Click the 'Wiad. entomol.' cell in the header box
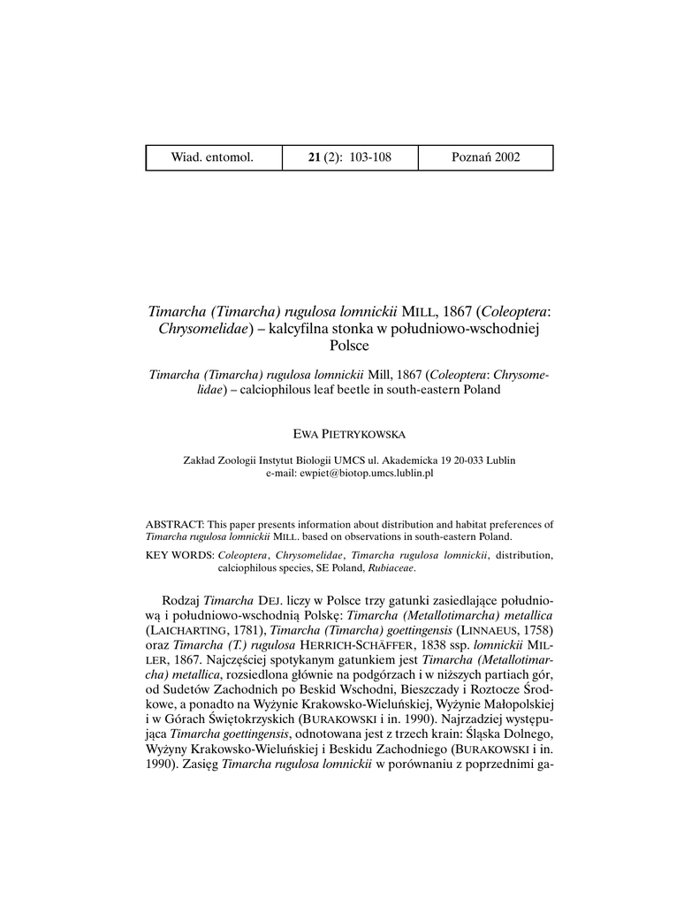pyautogui.click(x=212, y=157)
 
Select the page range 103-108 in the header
pyautogui.click(x=370, y=157)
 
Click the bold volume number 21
pyautogui.click(x=314, y=157)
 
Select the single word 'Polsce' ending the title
pyautogui.click(x=348, y=346)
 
